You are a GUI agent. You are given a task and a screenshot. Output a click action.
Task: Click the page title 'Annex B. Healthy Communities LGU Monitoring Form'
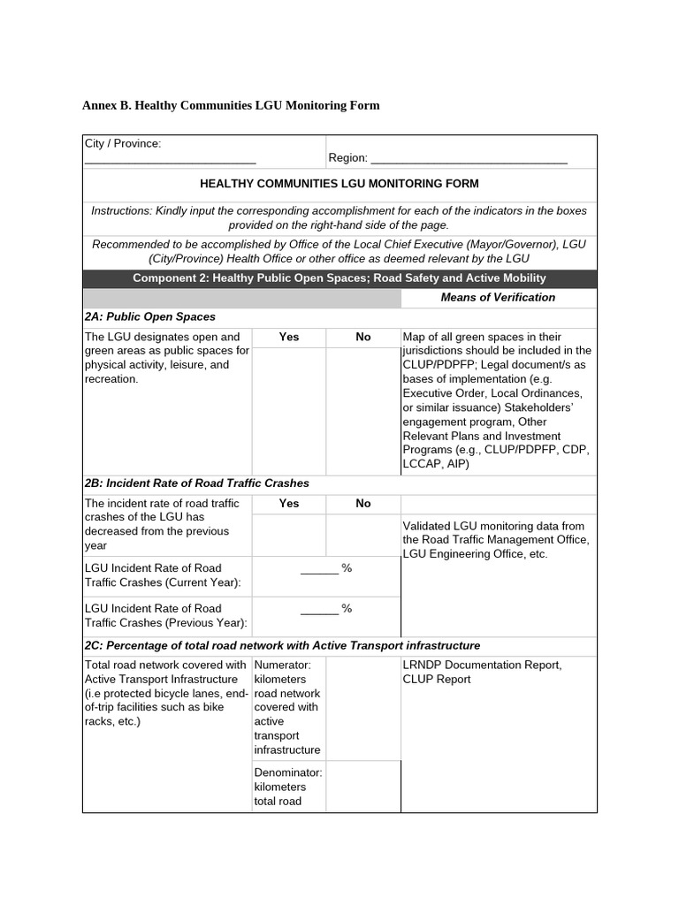231,105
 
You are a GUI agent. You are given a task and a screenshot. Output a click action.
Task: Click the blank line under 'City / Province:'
170,161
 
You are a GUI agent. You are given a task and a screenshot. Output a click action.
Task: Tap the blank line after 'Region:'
469,161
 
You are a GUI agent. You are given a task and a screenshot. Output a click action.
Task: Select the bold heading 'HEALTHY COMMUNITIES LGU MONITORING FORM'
339,184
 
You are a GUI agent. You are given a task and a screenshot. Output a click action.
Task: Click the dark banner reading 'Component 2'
339,278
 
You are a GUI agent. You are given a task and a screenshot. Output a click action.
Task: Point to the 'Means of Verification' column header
498,297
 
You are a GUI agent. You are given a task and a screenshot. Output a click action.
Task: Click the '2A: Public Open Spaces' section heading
150,316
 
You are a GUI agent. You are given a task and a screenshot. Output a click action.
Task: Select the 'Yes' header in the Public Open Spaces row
288,337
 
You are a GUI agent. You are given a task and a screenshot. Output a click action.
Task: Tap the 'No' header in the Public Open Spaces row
362,337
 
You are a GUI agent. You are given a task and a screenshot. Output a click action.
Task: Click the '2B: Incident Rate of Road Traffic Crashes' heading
197,483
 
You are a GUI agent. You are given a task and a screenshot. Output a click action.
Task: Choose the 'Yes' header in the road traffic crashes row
288,503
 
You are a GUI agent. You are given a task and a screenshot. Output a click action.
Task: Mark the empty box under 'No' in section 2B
362,535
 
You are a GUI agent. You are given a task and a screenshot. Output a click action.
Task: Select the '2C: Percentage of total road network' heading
283,645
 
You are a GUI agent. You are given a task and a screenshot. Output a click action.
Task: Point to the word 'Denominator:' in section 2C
288,772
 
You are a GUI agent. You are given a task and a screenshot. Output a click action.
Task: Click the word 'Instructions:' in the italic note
122,210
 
